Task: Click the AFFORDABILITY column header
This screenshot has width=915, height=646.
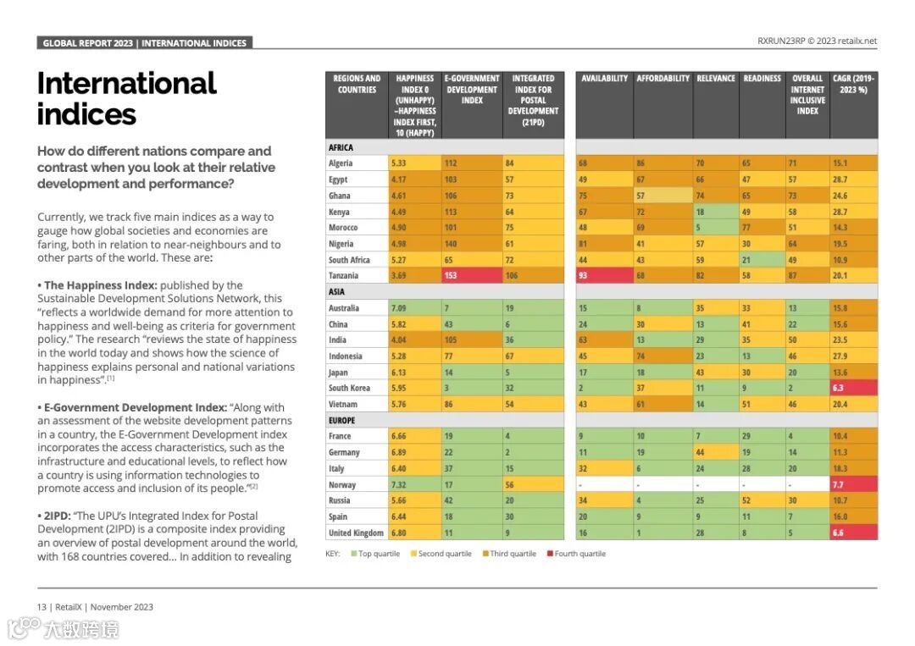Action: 663,79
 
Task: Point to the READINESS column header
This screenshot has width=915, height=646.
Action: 762,79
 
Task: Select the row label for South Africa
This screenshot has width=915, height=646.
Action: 349,260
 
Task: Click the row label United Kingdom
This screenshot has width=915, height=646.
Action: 356,533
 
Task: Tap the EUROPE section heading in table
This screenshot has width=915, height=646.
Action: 341,420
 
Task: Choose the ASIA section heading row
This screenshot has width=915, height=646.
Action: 336,292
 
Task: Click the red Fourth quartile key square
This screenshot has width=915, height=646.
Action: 549,554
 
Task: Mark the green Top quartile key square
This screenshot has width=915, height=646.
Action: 353,554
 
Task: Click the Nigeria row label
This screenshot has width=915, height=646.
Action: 341,244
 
